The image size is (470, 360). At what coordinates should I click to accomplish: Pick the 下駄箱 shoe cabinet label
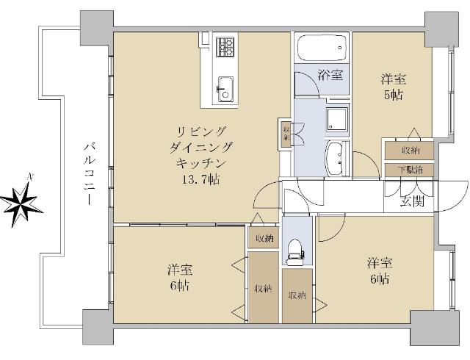click(x=410, y=170)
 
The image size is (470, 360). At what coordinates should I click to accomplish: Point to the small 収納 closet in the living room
click(x=286, y=132)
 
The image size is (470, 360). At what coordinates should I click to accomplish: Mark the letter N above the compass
click(x=29, y=176)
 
